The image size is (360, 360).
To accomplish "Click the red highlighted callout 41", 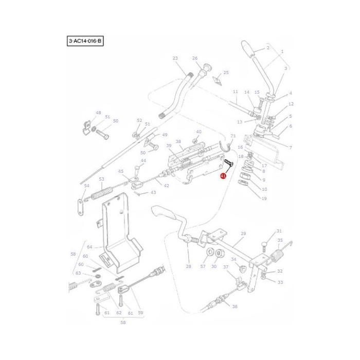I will pos(223,175).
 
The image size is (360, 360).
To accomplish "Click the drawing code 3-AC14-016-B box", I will pos(85,41).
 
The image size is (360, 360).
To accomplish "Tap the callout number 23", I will pos(175,58).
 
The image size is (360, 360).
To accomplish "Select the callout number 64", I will pos(88,247).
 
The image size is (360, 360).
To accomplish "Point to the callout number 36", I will pos(235,307).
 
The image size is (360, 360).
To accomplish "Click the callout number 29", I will pos(243,233).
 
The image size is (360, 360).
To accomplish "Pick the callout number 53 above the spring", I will pos(101,179).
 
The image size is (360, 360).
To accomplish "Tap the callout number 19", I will pos(264,199).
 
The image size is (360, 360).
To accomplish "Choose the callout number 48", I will pos(98,113).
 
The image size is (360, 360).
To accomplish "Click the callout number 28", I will pos(188,266).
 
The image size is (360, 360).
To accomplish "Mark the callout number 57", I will pos(203,266).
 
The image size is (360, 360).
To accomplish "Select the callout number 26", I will pos(195,58).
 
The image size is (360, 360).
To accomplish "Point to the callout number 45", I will pos(121,172).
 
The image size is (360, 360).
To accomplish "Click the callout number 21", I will pos(232,136).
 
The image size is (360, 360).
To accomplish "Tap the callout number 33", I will pos(280,282).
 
